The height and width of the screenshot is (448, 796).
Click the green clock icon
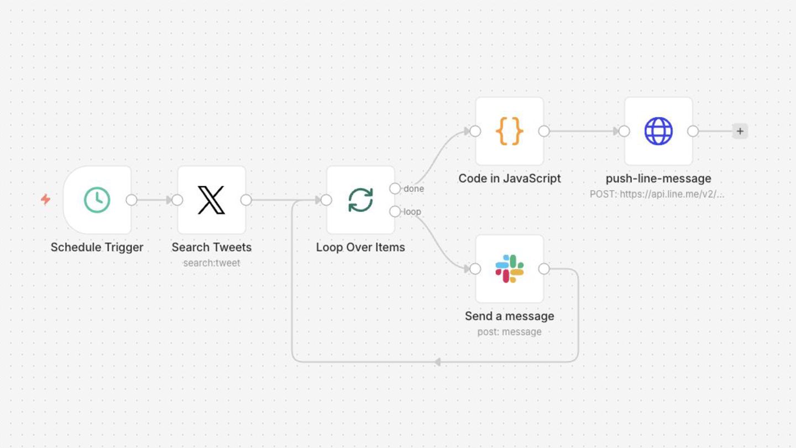coord(97,200)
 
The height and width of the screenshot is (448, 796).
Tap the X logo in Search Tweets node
coord(211,200)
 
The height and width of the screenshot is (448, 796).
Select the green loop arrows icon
coord(360,200)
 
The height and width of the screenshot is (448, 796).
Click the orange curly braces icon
coord(509,131)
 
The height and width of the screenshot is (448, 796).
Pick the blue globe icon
coord(658,131)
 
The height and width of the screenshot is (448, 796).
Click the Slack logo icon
coord(509,269)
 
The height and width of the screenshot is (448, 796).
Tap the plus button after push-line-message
coord(740,131)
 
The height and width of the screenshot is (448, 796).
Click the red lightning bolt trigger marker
coord(46,199)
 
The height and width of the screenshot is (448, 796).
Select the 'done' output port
coord(395,189)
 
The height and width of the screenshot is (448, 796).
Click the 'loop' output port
coord(395,211)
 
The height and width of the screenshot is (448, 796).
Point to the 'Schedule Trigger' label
coord(97,247)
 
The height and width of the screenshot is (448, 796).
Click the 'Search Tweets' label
coord(211,247)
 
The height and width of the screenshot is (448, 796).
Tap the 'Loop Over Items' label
coord(360,247)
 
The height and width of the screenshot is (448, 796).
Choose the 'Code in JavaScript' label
coord(509,179)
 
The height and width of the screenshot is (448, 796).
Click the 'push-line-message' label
coord(658,179)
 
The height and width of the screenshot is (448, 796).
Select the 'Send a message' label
coord(509,316)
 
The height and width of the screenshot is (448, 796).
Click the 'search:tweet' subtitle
coord(211,263)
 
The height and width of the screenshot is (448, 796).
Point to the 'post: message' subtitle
coord(509,332)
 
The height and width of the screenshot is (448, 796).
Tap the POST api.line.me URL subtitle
coord(657,194)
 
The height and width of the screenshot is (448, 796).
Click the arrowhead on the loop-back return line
coord(437,362)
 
